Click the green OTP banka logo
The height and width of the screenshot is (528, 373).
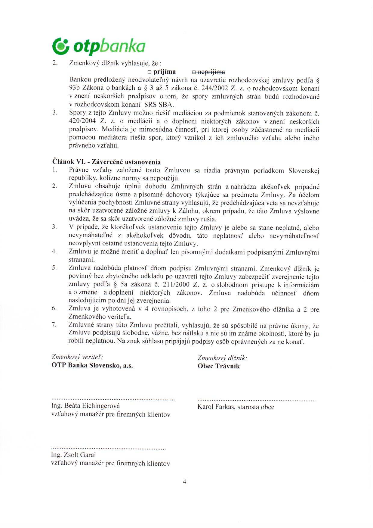tap(99, 46)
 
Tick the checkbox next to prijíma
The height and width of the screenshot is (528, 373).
tap(149, 72)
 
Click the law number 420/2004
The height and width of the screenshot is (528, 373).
tap(82, 121)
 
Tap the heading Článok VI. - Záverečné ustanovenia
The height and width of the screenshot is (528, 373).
tap(106, 162)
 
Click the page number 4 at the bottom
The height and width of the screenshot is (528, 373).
tap(184, 482)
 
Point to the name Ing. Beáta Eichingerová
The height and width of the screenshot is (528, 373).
tap(86, 406)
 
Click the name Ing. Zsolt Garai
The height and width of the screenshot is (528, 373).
tap(74, 455)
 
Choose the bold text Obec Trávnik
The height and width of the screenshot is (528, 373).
tap(219, 366)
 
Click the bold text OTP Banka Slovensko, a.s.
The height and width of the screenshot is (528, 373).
tap(92, 365)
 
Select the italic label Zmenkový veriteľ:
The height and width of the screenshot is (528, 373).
tap(77, 357)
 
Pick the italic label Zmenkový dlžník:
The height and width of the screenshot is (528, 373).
tap(222, 358)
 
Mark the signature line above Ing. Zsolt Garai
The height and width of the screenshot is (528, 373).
tap(109, 449)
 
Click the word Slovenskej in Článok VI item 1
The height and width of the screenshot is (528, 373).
tap(304, 171)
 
